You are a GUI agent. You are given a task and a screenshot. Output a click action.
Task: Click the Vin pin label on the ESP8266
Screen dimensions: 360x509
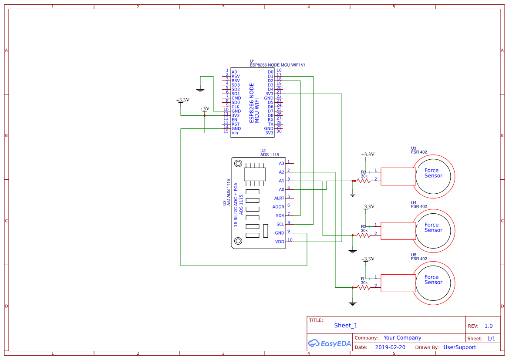pyautogui.click(x=235, y=133)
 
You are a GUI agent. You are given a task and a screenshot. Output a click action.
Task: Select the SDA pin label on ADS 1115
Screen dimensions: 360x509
pyautogui.click(x=280, y=215)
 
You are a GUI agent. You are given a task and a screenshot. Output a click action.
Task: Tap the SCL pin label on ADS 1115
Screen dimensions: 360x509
pyautogui.click(x=280, y=224)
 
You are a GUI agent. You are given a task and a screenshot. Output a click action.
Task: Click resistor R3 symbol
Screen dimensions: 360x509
pyautogui.click(x=364, y=181)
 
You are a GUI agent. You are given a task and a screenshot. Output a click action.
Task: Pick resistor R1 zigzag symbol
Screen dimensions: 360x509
pyautogui.click(x=364, y=287)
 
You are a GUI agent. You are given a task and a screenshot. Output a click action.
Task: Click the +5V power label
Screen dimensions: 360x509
pyautogui.click(x=205, y=109)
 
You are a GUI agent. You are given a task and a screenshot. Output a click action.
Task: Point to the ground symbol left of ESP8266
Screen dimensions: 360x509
pyautogui.click(x=200, y=90)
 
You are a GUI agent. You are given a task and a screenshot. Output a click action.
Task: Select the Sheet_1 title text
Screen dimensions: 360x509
pyautogui.click(x=346, y=325)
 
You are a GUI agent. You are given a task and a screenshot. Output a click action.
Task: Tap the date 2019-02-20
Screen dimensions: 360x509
pyautogui.click(x=390, y=347)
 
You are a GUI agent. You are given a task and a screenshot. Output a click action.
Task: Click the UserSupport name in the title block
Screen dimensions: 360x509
pyautogui.click(x=459, y=347)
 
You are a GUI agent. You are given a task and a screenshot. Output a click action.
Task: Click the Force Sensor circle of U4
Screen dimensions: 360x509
pyautogui.click(x=433, y=230)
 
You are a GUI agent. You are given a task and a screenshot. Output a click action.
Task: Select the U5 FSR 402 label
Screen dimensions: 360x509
pyautogui.click(x=419, y=257)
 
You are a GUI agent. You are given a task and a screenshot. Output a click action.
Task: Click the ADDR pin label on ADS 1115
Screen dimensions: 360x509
pyautogui.click(x=278, y=207)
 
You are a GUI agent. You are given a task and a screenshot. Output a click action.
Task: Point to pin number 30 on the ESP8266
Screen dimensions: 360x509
pyautogui.click(x=279, y=131)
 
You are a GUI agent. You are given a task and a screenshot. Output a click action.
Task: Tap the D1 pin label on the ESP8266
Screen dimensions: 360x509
pyautogui.click(x=270, y=76)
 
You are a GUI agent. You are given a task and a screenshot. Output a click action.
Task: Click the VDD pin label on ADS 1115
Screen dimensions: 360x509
pyautogui.click(x=280, y=242)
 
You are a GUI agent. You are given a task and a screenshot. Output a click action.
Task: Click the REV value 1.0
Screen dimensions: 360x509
pyautogui.click(x=489, y=326)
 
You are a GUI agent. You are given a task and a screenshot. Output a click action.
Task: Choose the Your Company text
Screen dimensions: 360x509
pyautogui.click(x=402, y=338)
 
